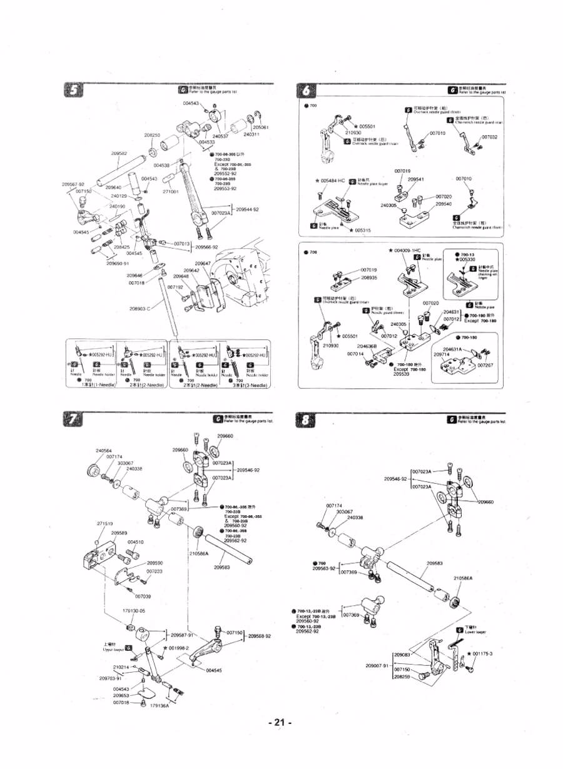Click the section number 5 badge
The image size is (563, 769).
point(74,90)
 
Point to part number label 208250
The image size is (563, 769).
point(152,135)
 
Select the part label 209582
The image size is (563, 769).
point(119,153)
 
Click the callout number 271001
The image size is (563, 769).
point(171,191)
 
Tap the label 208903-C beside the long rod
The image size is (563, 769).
point(140,309)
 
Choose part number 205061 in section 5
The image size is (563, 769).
point(261,128)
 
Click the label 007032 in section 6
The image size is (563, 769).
point(489,137)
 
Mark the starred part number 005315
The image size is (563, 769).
point(362,230)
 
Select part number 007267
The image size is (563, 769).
point(486,365)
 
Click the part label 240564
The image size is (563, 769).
point(104,450)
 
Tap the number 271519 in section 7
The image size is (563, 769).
point(104,523)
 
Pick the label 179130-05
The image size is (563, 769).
point(133,610)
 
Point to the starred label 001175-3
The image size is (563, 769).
point(482,653)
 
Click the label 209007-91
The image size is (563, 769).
point(378,665)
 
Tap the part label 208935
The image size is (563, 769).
point(372,277)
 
